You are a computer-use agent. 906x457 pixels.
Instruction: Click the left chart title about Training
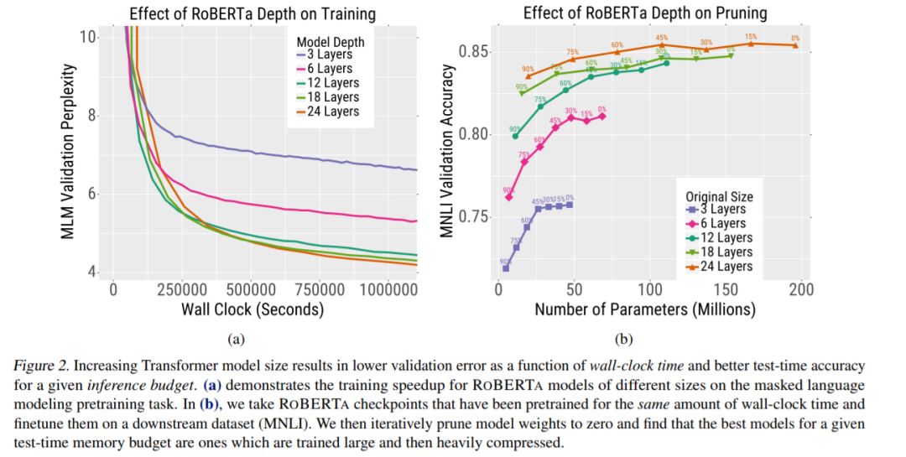click(x=252, y=13)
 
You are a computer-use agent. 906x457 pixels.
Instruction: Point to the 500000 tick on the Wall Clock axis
click(x=253, y=288)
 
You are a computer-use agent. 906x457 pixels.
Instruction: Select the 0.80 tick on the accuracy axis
click(x=472, y=134)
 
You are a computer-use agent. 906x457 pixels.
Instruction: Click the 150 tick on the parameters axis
click(x=725, y=288)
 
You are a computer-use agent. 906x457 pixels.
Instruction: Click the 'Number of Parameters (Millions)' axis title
click(x=645, y=309)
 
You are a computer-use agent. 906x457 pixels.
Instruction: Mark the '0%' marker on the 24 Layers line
click(x=795, y=45)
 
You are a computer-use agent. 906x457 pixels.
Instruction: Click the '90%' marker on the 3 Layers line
click(x=506, y=268)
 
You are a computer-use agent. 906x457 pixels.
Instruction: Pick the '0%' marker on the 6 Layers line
click(x=602, y=117)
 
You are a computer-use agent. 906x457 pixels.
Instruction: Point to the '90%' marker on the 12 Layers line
click(x=515, y=136)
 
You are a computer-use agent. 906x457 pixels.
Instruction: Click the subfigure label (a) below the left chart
click(x=236, y=339)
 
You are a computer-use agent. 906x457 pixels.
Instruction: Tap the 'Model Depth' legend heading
click(x=326, y=41)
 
